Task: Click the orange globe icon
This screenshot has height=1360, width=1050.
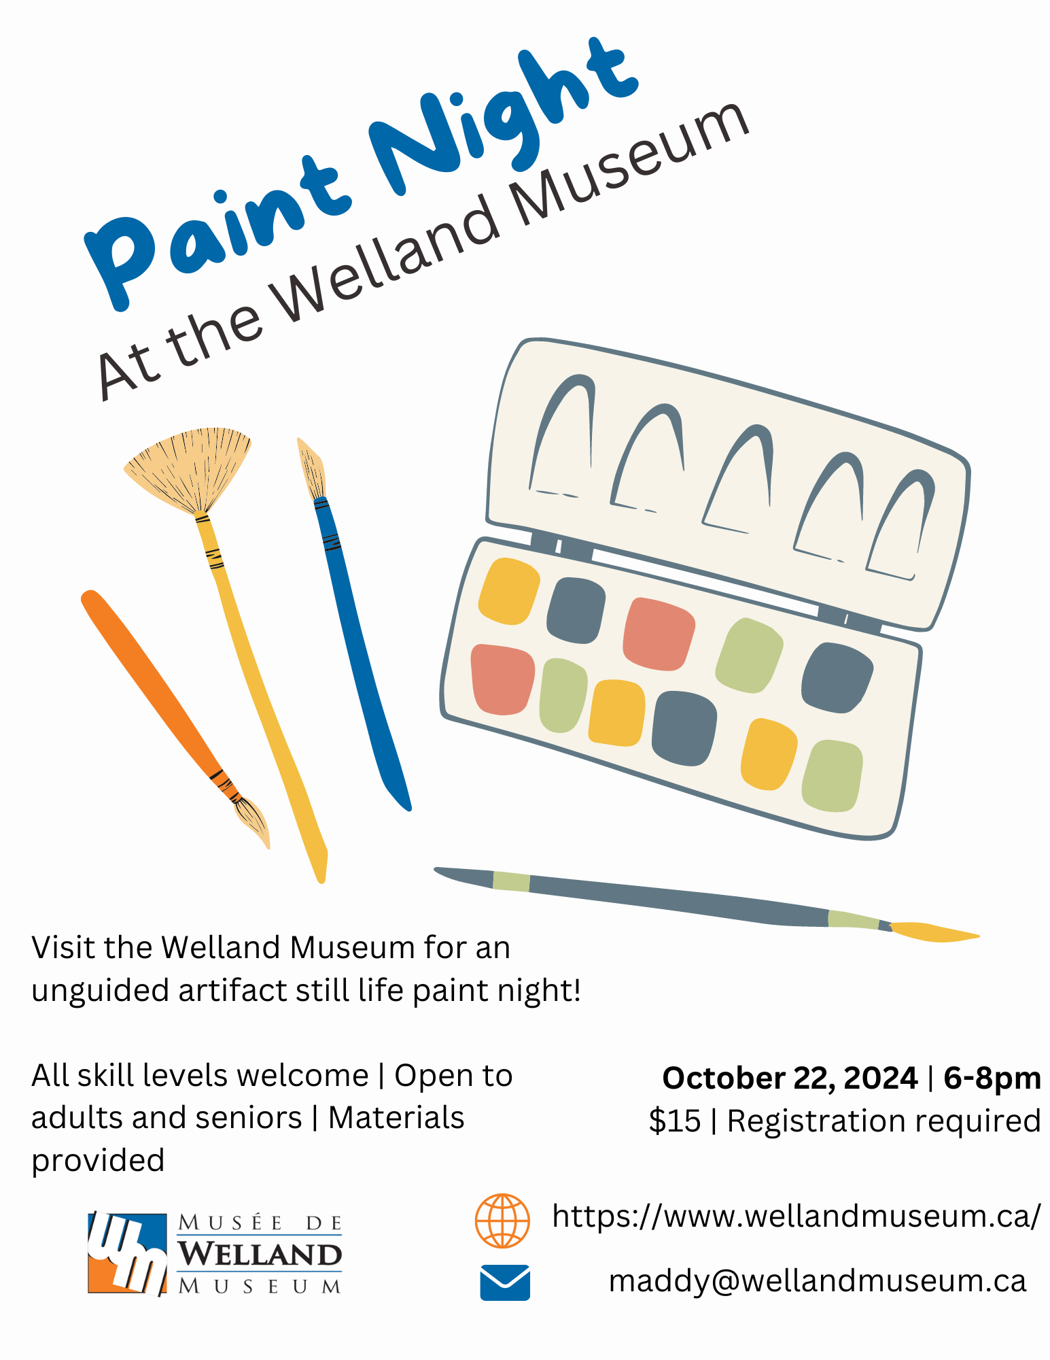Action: click(x=502, y=1221)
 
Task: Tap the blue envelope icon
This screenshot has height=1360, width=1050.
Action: click(x=505, y=1282)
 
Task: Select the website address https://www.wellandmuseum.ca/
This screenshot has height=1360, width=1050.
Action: click(x=796, y=1216)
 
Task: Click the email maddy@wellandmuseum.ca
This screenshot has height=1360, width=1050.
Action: click(x=817, y=1281)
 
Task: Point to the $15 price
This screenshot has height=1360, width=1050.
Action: click(x=674, y=1121)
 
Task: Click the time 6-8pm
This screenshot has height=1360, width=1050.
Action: click(x=992, y=1078)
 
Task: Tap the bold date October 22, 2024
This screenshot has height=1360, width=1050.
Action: click(x=790, y=1079)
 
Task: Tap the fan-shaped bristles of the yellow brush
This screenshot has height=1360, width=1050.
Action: click(x=188, y=469)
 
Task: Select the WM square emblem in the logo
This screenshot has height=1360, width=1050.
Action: click(x=127, y=1253)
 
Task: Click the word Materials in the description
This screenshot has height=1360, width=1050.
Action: click(x=396, y=1118)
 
